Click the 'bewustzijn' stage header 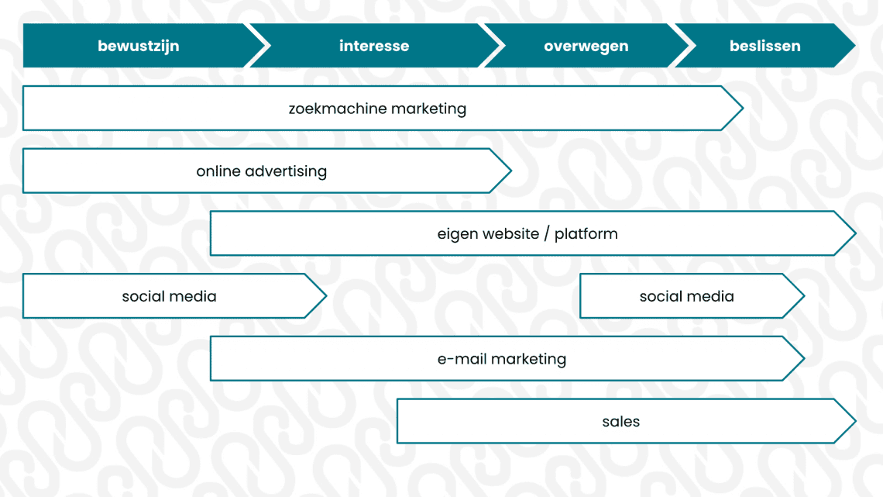coord(138,46)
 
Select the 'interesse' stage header coord(373,46)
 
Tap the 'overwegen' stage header coord(586,46)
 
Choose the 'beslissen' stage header coord(764,46)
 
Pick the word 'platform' coord(586,234)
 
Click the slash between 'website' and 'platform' coord(547,234)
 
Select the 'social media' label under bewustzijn coord(169,296)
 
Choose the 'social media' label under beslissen coord(686,296)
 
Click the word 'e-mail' coord(462,359)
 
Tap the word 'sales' coord(620,422)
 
